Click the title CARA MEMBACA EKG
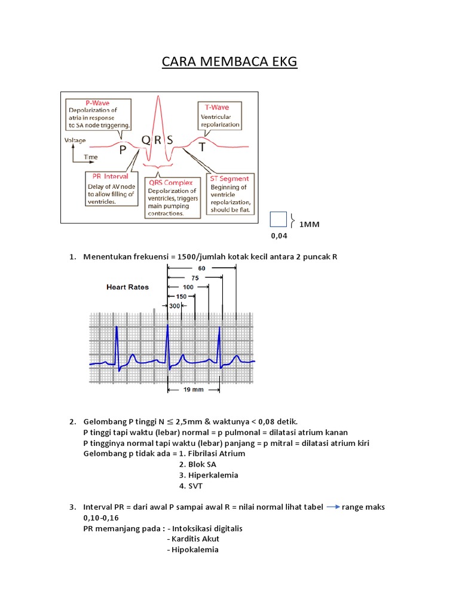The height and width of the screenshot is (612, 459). (229, 62)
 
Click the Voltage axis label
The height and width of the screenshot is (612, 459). (75, 141)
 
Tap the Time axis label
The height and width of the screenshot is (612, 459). (91, 157)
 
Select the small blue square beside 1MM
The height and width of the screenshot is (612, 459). (279, 220)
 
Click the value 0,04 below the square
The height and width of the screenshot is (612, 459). (279, 236)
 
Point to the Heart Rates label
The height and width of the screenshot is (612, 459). (127, 287)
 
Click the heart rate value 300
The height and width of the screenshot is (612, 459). (175, 305)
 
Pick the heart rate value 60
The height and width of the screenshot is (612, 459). (201, 268)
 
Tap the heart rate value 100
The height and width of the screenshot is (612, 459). (188, 287)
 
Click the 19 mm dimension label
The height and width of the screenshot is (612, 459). (194, 389)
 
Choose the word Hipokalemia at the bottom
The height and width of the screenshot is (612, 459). (195, 550)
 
